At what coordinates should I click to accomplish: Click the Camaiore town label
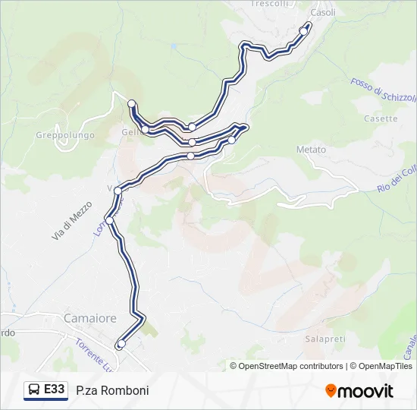[91, 318]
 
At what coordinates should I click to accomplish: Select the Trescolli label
[269, 4]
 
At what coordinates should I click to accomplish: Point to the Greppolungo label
[64, 135]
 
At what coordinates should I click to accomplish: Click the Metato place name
[311, 150]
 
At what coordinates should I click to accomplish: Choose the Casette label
[381, 118]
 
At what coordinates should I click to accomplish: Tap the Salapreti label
[325, 338]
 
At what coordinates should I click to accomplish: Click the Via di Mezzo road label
[72, 221]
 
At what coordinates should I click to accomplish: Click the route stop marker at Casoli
[304, 30]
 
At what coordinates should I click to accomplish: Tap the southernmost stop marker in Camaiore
[121, 344]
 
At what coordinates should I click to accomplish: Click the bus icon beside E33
[34, 390]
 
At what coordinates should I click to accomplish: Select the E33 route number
[55, 389]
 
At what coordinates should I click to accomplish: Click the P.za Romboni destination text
[112, 390]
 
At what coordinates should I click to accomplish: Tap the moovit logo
[359, 391]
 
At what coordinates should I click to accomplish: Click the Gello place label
[129, 133]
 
